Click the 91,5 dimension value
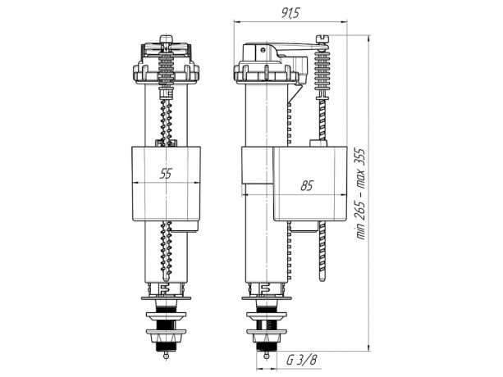click(x=290, y=13)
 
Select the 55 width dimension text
click(x=166, y=174)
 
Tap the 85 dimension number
click(x=307, y=186)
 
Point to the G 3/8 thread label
click(x=301, y=361)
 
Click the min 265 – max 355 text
click(x=362, y=193)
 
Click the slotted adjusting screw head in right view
click(x=322, y=39)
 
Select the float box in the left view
click(x=167, y=184)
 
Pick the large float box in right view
click(x=310, y=184)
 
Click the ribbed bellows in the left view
click(x=167, y=70)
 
